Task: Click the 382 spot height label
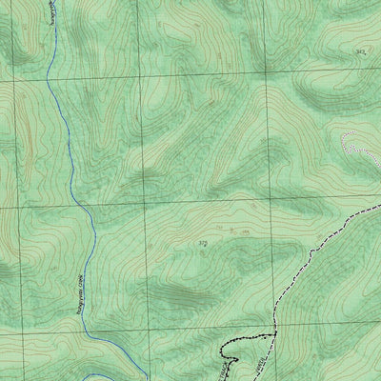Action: [x=359, y=51]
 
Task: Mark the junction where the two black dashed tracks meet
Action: [x=274, y=332]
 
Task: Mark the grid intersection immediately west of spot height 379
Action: [x=143, y=206]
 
